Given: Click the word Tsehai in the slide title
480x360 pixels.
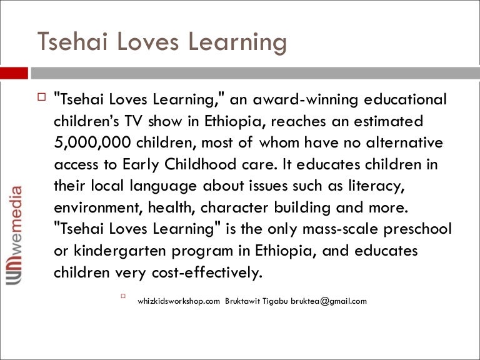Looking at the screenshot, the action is click(x=72, y=41).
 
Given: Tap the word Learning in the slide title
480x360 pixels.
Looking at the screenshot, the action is click(x=237, y=43).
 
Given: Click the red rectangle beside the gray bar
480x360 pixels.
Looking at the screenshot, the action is click(x=14, y=73).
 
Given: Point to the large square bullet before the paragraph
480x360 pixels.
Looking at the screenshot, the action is click(x=41, y=97).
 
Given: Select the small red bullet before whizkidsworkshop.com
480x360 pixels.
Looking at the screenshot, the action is click(x=123, y=296).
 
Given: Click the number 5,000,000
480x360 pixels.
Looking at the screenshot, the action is click(x=92, y=143).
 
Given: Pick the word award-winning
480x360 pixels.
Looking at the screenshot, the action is click(x=305, y=100).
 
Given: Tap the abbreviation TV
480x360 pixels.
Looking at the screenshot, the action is click(x=134, y=121).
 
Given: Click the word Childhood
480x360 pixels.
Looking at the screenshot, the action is click(x=201, y=164).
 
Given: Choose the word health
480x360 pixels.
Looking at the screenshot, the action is click(x=172, y=207).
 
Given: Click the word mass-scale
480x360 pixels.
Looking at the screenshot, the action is click(x=341, y=229).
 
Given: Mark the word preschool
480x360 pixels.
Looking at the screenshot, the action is click(x=417, y=229).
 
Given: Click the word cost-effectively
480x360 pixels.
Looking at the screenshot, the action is click(x=207, y=272).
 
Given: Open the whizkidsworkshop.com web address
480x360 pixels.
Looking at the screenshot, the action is click(x=179, y=301).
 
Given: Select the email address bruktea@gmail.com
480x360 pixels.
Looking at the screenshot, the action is click(x=329, y=301).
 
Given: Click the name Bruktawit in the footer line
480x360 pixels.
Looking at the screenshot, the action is click(x=242, y=301).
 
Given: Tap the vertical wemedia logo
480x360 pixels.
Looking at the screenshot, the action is click(x=14, y=235).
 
